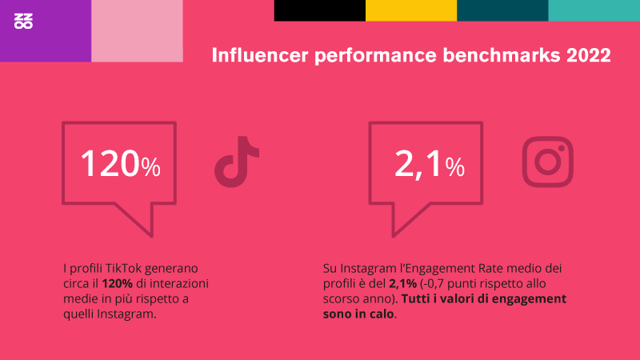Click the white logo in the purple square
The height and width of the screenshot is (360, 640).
coord(23,22)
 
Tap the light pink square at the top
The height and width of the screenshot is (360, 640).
coord(137,30)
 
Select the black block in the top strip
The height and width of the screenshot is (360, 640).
coord(320,10)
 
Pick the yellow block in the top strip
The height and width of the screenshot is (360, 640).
coord(411,10)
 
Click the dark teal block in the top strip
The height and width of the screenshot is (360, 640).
coord(503,10)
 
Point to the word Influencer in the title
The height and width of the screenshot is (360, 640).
coord(260,55)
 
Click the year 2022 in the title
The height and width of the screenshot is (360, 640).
coord(589,55)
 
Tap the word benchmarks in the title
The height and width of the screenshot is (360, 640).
coord(502,55)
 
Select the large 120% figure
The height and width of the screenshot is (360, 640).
coord(121,164)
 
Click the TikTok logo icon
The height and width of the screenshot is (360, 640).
coord(237,162)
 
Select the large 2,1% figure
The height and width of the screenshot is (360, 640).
coord(430,164)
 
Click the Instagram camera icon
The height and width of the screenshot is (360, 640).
coord(548,162)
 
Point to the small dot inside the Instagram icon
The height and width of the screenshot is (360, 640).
coord(562,149)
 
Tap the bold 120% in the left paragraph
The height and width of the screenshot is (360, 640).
coord(117,283)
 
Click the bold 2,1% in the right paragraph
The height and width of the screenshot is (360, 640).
coord(403,284)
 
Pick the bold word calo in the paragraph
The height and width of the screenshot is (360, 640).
coord(382,314)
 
